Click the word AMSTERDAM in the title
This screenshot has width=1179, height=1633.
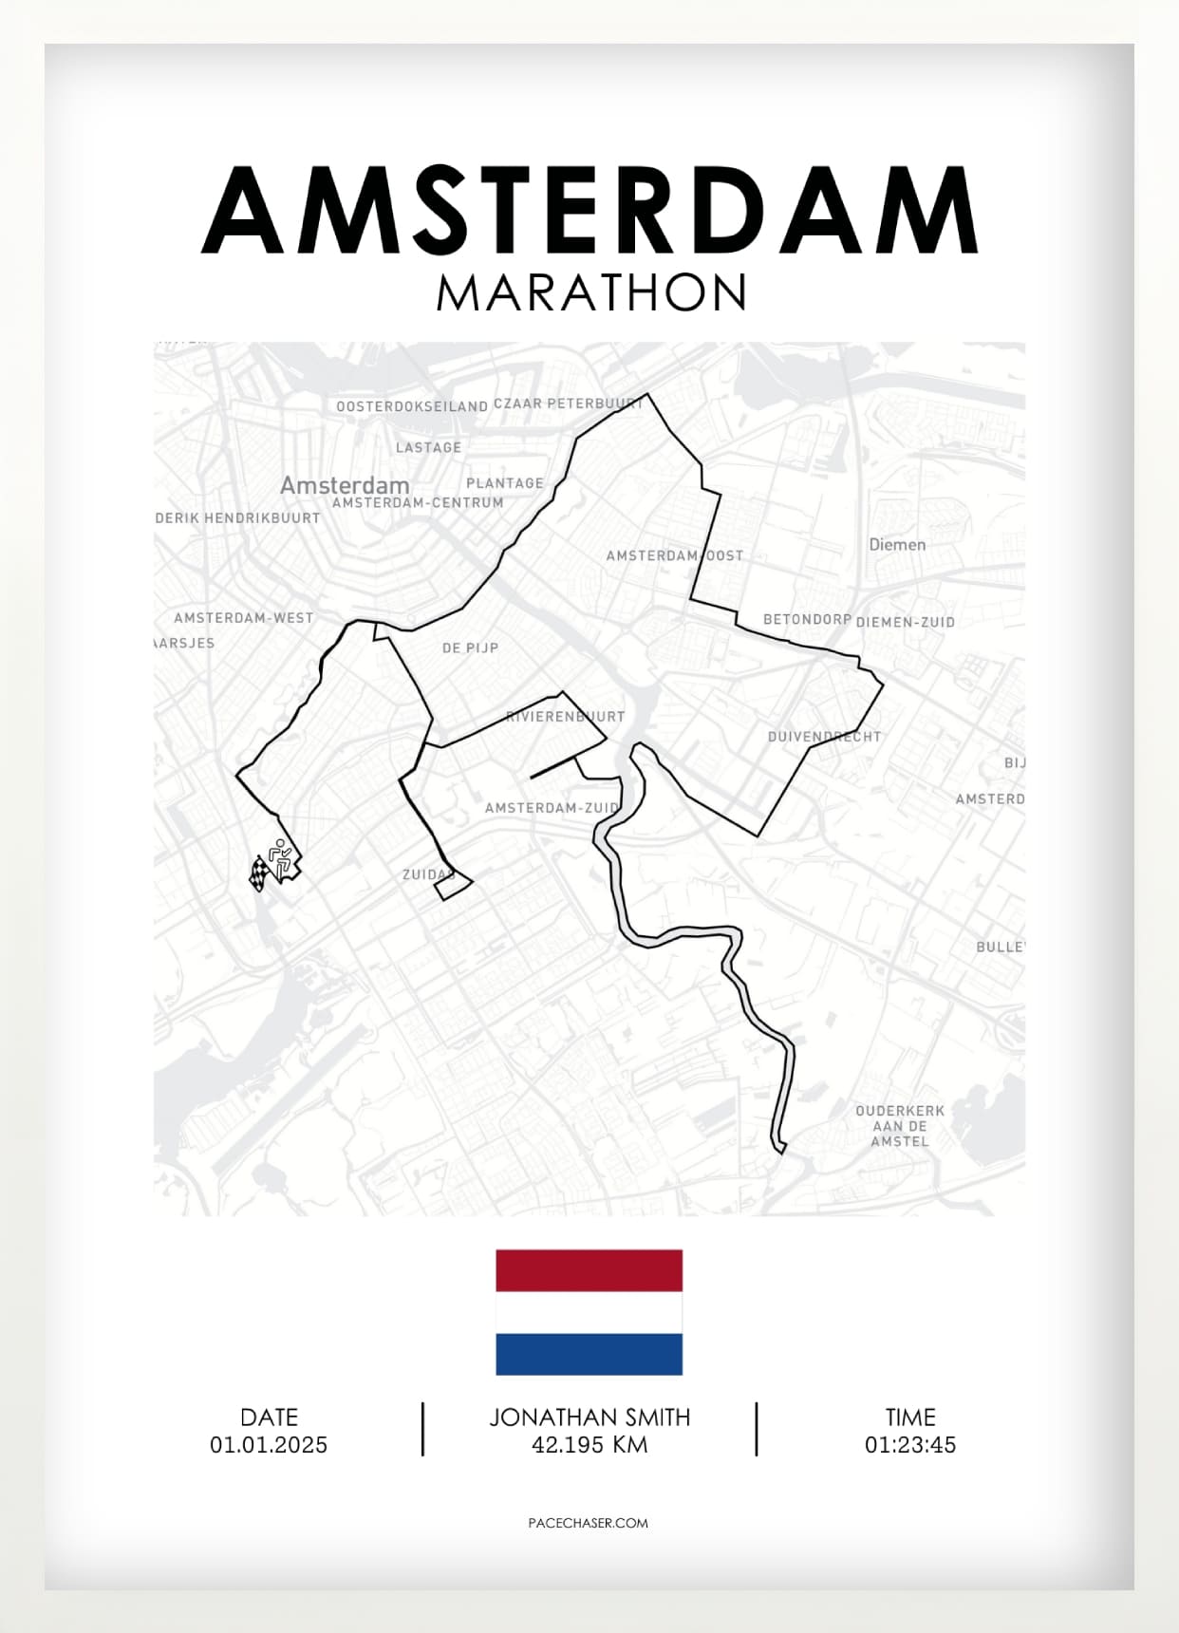click(x=589, y=211)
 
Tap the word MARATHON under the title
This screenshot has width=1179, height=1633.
click(x=591, y=293)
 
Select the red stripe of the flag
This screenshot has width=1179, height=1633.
click(x=589, y=1270)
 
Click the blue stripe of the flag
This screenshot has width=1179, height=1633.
click(x=589, y=1354)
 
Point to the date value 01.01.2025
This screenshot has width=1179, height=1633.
click(x=269, y=1445)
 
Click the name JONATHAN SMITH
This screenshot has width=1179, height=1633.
click(x=589, y=1417)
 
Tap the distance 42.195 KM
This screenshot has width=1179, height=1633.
click(x=589, y=1445)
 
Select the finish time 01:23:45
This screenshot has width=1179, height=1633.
click(x=909, y=1445)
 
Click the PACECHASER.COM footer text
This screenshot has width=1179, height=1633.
click(x=589, y=1523)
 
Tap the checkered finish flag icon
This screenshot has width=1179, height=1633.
click(x=259, y=873)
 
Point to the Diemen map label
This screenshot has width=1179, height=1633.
click(x=897, y=545)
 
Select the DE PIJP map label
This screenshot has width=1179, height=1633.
click(x=470, y=648)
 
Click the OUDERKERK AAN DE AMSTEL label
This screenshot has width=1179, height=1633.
click(x=900, y=1126)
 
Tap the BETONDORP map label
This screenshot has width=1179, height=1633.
click(x=807, y=620)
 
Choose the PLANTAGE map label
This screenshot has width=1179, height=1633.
click(x=505, y=483)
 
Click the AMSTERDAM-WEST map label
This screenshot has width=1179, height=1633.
click(x=243, y=618)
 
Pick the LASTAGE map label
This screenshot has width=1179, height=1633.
click(x=428, y=447)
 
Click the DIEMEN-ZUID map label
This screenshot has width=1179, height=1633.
click(x=906, y=623)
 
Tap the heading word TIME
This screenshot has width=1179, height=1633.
click(x=910, y=1417)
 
